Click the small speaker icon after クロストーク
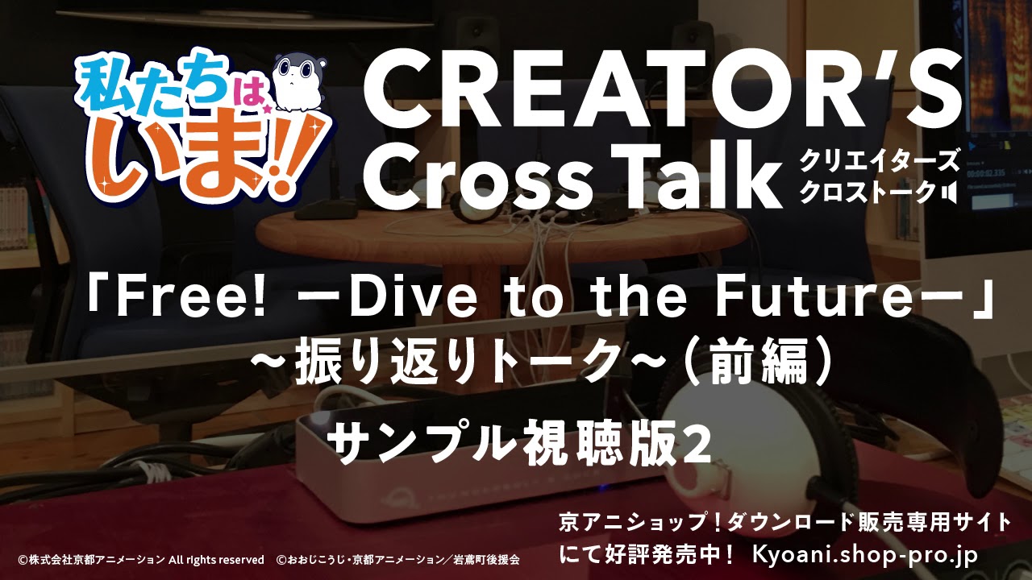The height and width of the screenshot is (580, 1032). click(950, 193)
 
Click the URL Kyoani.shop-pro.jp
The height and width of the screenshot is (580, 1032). click(864, 554)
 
